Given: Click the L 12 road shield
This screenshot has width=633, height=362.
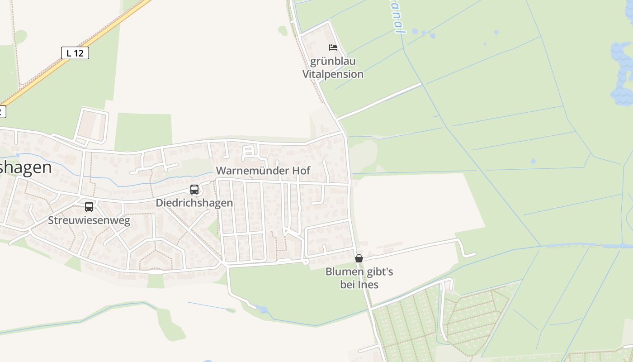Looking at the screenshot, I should (75, 53).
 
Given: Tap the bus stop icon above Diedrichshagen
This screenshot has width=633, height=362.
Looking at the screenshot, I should (194, 190).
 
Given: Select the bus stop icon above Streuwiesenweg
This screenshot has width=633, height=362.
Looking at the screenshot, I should (89, 207).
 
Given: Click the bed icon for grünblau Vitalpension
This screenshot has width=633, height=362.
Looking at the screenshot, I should (333, 48).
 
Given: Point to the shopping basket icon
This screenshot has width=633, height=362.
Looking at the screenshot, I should (359, 258).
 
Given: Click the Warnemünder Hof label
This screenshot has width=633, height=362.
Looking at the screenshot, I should (263, 171).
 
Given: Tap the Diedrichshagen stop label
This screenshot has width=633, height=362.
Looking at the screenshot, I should (194, 203).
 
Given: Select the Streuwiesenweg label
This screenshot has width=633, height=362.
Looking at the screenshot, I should (89, 220).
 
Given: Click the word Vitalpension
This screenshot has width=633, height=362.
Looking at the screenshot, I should (333, 74).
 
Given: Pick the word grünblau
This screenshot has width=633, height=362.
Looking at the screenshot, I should (333, 61).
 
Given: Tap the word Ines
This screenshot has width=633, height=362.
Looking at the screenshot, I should (368, 285).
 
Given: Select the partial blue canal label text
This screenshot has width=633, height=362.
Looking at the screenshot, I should (397, 18).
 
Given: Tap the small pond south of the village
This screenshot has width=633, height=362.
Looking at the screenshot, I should (262, 310).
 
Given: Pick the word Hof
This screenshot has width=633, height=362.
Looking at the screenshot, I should (301, 171).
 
